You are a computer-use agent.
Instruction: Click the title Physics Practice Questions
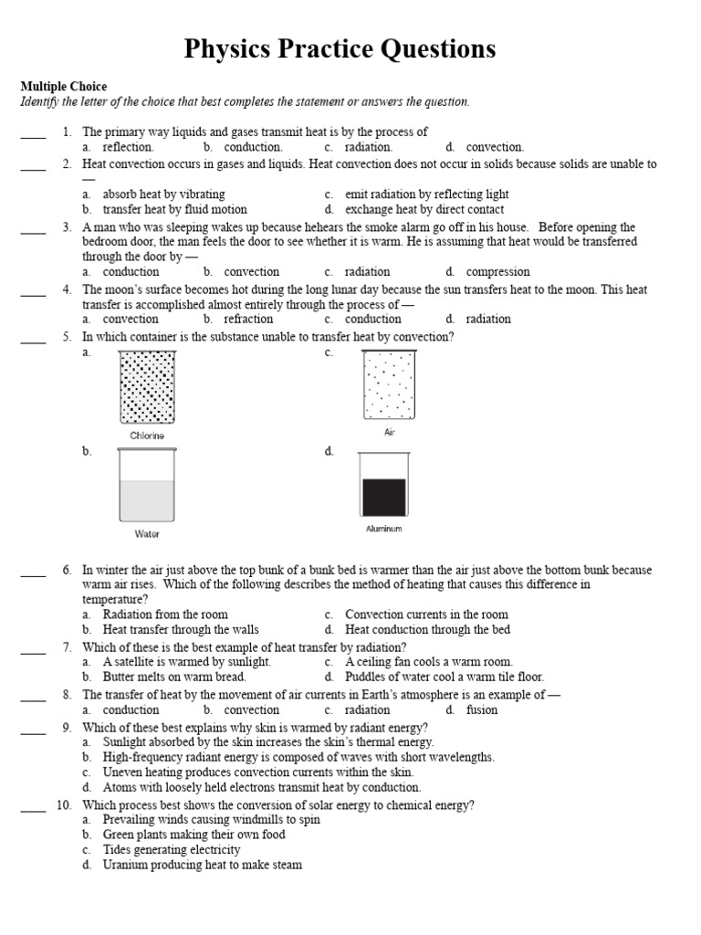tap(340, 48)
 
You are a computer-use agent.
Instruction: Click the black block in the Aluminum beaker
tap(383, 496)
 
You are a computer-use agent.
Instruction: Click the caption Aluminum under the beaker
tap(383, 529)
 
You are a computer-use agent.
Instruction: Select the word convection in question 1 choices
tap(495, 147)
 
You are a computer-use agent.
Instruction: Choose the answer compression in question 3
tap(497, 271)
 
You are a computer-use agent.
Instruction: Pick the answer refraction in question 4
tap(248, 319)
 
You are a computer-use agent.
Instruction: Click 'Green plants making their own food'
tap(194, 835)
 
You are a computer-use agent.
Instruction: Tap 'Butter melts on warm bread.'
tap(173, 677)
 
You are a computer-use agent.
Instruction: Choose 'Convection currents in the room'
tap(426, 615)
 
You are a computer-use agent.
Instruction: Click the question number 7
tap(68, 647)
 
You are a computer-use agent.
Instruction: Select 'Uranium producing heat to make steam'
tap(202, 865)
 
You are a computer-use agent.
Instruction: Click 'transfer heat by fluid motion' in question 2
tap(174, 209)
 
